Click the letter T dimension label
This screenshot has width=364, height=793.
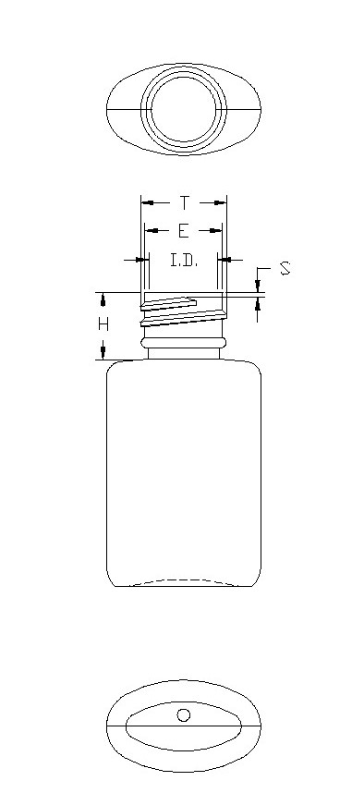[x=185, y=203]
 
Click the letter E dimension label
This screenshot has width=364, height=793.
[x=184, y=231]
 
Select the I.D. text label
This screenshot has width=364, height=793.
[x=184, y=261]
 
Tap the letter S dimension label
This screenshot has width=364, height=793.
[x=285, y=268]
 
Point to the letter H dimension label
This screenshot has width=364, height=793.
[x=103, y=323]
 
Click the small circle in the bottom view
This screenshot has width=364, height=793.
[x=184, y=715]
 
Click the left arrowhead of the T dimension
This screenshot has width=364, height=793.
[x=148, y=203]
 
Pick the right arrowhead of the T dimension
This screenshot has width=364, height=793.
[x=220, y=203]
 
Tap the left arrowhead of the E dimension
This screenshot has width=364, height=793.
[x=151, y=231]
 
